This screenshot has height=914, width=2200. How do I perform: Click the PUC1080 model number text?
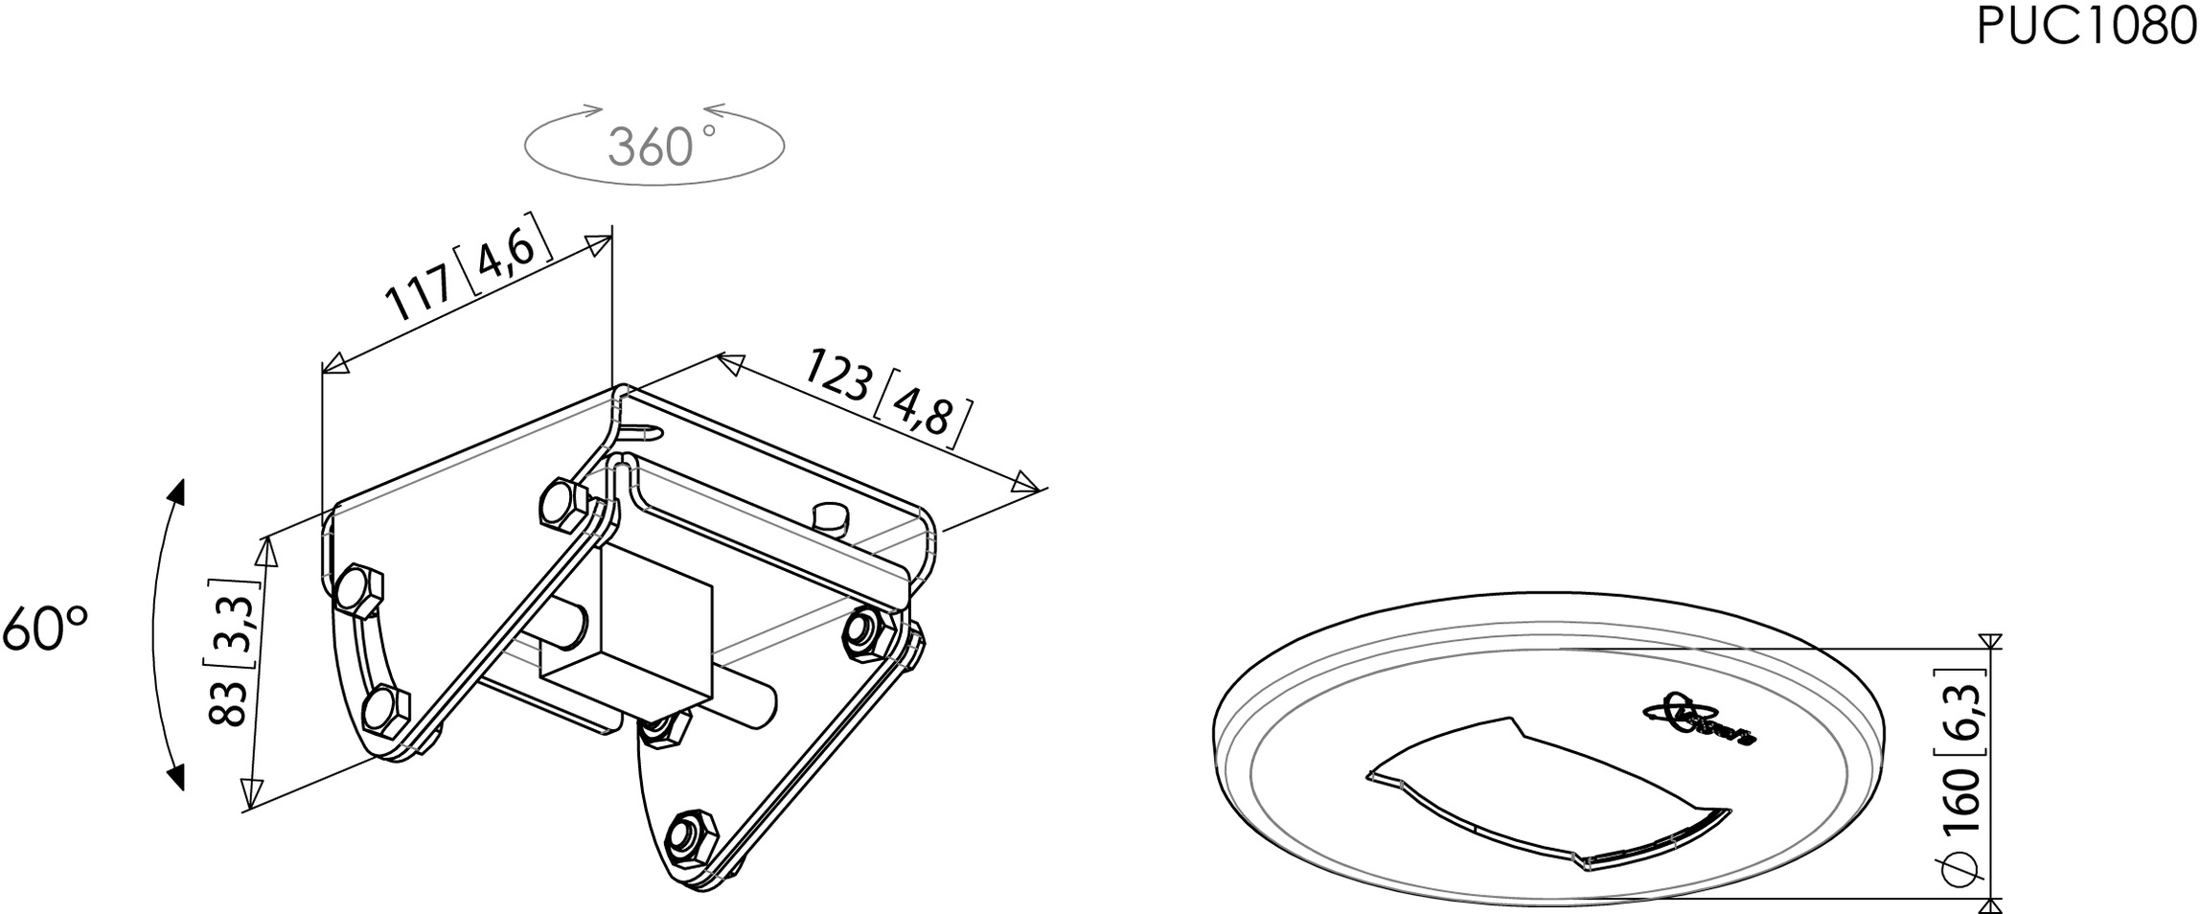(x=2086, y=28)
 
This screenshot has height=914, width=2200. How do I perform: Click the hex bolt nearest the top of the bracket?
(x=564, y=505)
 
